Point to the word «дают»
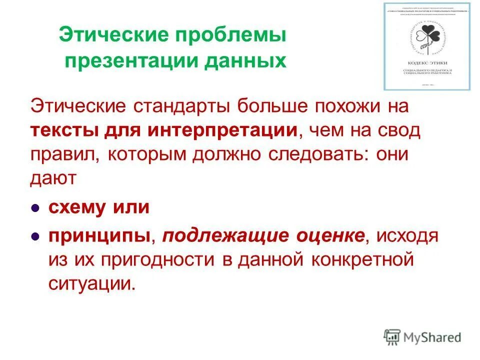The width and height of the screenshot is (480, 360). [53, 178]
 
